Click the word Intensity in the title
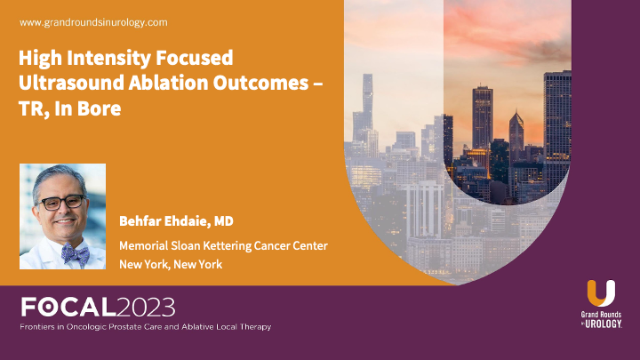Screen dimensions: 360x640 click(111, 60)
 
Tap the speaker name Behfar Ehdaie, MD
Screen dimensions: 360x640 click(176, 219)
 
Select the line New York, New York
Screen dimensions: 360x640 click(171, 264)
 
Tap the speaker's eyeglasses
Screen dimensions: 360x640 click(62, 203)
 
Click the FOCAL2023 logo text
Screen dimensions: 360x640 click(98, 308)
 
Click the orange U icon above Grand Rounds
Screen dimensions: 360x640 click(601, 292)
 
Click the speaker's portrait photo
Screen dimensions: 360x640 click(62, 216)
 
